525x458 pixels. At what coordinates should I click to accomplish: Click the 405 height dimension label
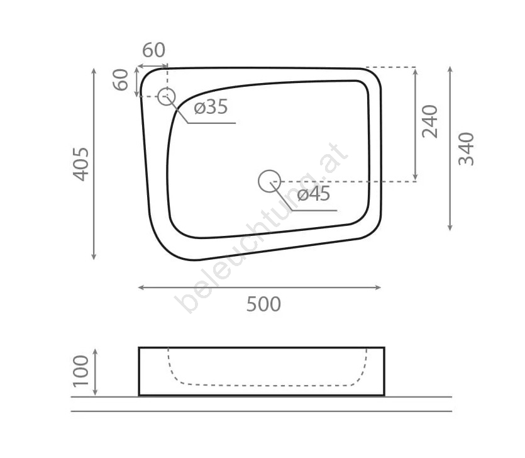(x=81, y=164)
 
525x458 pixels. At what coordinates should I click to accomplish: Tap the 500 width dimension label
(x=264, y=304)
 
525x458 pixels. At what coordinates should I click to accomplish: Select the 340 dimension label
(x=467, y=149)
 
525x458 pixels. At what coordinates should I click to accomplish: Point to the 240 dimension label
(x=430, y=121)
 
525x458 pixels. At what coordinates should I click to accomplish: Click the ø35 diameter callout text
(x=211, y=107)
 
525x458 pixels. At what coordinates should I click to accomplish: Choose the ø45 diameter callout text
(x=314, y=194)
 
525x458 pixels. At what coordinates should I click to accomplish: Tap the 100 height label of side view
(x=81, y=371)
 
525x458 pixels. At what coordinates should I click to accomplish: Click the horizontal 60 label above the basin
(x=153, y=50)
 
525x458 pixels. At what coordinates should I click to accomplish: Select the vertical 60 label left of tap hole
(x=121, y=80)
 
